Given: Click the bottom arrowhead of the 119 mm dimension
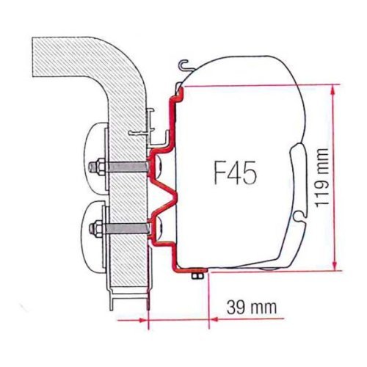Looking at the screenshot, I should [335, 266].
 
